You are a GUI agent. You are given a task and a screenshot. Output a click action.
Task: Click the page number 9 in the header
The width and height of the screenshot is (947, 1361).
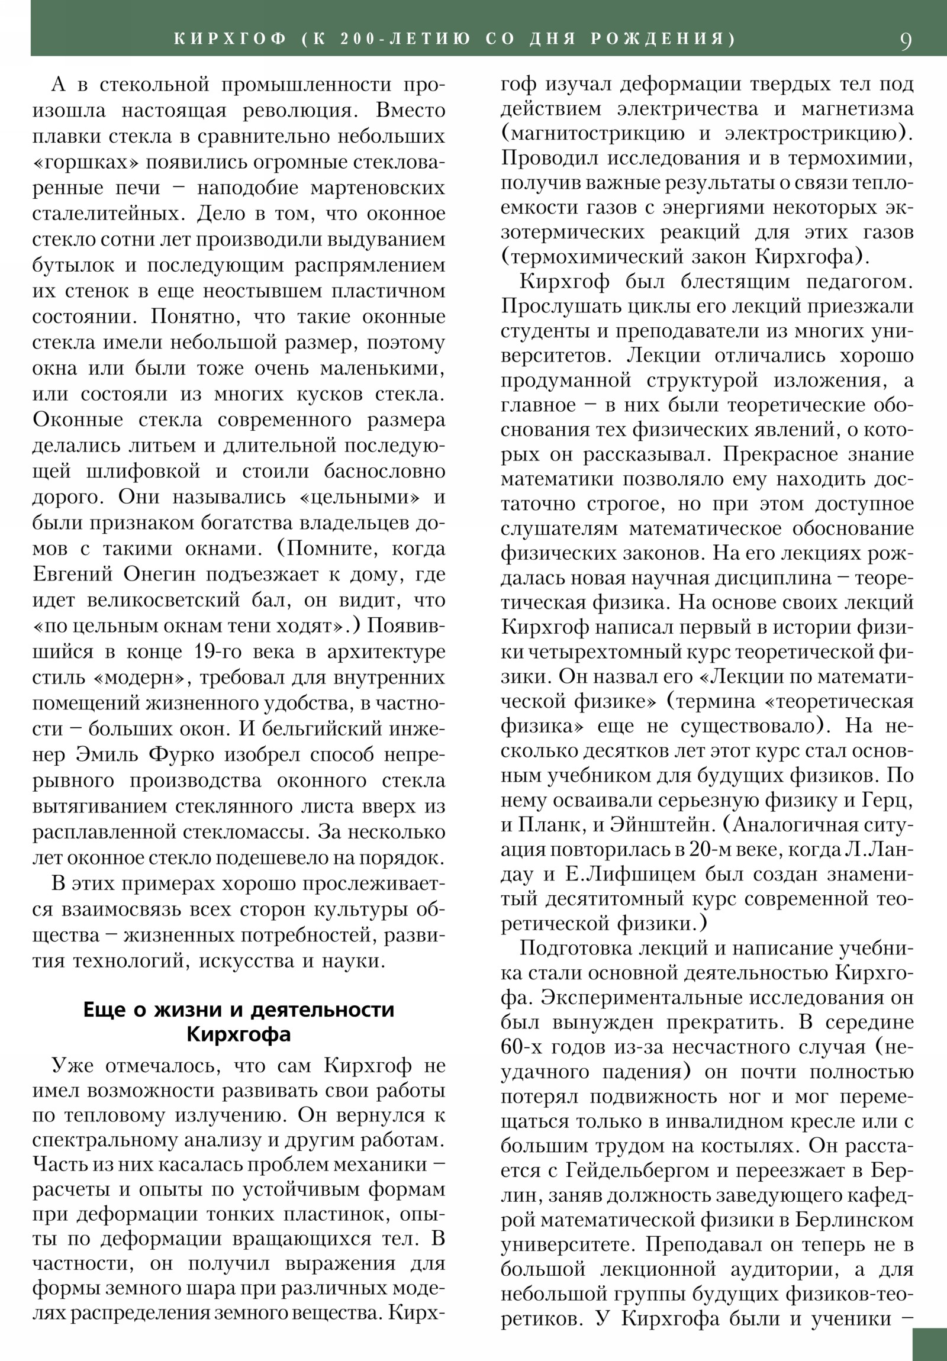(x=906, y=41)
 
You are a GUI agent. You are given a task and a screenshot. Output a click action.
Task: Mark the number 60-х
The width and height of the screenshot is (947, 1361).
(x=520, y=1047)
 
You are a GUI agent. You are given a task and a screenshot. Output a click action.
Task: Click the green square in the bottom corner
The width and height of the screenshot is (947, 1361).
(x=929, y=1343)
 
